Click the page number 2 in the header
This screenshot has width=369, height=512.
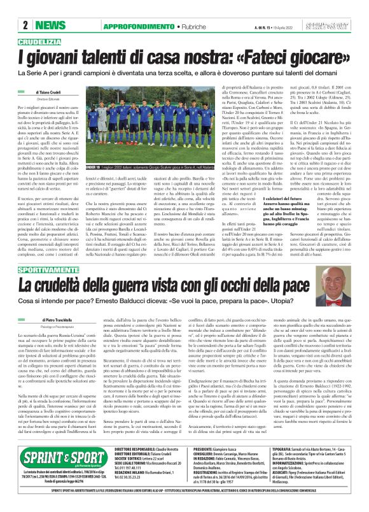[25, 25]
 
